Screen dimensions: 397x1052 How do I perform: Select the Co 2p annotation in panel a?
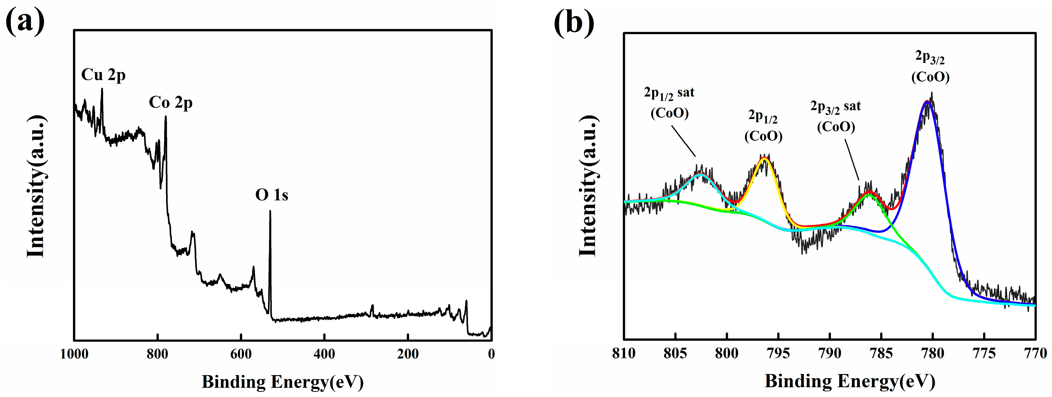[170, 103]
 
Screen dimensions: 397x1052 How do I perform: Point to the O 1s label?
[272, 195]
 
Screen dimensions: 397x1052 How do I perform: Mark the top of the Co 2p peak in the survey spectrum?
[165, 117]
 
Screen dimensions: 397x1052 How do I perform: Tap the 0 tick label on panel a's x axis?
[491, 354]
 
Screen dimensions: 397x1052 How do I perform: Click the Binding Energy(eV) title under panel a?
[283, 382]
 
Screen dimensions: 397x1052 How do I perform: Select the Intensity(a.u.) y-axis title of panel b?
[588, 186]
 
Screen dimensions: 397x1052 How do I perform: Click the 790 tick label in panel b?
[830, 353]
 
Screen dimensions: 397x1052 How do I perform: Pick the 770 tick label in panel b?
[1036, 353]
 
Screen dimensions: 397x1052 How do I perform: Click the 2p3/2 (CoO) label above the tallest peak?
[930, 67]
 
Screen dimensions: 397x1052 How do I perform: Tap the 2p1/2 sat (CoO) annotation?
[669, 103]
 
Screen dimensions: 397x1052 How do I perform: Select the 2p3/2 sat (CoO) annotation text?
[835, 116]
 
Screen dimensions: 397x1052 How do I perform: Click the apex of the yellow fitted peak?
[764, 158]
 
